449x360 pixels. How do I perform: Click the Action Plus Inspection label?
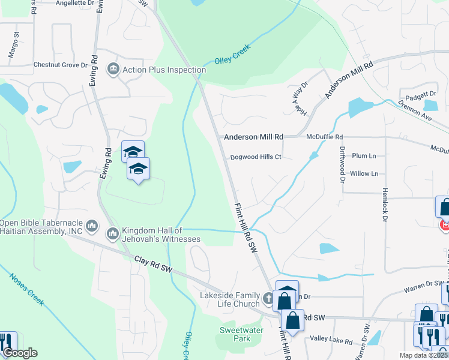click(164, 70)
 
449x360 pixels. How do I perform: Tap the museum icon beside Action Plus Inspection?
click(113, 70)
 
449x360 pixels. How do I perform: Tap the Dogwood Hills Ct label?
click(256, 157)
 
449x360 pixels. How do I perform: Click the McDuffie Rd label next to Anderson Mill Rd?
click(324, 137)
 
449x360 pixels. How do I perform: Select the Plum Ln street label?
click(364, 156)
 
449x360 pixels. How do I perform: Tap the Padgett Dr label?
click(420, 94)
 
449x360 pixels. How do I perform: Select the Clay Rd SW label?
click(153, 266)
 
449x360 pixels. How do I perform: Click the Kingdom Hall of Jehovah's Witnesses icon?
click(113, 232)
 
